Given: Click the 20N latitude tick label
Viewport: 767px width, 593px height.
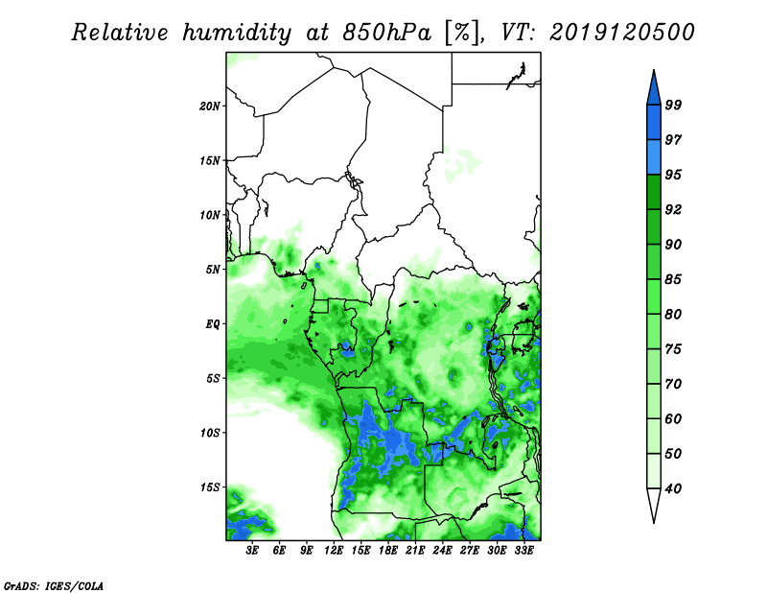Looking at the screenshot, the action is (x=210, y=107).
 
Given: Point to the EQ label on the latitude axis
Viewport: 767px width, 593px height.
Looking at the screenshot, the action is (x=212, y=324).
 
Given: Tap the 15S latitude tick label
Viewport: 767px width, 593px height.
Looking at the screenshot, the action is (x=210, y=487).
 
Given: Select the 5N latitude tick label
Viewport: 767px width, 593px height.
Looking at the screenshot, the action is (x=213, y=270).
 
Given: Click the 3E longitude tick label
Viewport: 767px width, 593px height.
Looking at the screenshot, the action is (x=252, y=551).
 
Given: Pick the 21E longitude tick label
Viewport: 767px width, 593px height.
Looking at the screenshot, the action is (x=415, y=551).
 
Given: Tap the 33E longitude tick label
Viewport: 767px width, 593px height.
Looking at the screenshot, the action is (x=523, y=551).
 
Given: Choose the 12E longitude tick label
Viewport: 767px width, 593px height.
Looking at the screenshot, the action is (x=333, y=551).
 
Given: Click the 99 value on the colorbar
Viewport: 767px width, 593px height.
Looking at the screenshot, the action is (x=673, y=105).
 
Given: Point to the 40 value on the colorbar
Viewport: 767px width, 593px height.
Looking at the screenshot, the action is (x=673, y=488).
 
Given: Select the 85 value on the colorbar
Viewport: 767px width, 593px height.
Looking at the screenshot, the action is (x=673, y=279).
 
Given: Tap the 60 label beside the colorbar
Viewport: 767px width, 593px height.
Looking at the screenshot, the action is (x=673, y=418).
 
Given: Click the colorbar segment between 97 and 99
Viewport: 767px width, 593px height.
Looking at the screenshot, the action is (x=654, y=123).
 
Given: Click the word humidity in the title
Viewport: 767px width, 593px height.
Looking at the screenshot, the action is (x=237, y=33).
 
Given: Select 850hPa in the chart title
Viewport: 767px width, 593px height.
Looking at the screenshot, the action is (x=387, y=33).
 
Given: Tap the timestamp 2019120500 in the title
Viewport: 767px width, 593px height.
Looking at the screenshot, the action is (x=621, y=33).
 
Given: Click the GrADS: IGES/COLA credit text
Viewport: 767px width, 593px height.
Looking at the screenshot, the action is (x=54, y=585).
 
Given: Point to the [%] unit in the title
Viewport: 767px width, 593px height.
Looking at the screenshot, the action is (x=462, y=33).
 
